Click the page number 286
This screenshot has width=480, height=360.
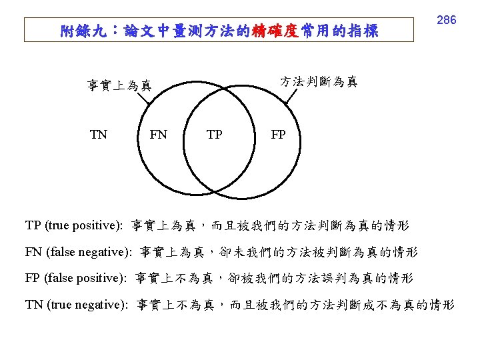point(446,20)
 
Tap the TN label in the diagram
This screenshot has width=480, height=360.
point(98,135)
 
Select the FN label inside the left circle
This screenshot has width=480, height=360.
point(159,135)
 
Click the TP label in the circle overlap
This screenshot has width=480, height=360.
point(214,135)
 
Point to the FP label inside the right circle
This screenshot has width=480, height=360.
point(278,135)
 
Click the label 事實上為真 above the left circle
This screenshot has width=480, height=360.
point(119,85)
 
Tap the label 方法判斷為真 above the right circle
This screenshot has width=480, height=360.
point(318,81)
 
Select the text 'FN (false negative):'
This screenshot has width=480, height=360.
point(78,252)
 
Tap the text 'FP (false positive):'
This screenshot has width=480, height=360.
point(75,278)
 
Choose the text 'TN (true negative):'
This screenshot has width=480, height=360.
point(77,305)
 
